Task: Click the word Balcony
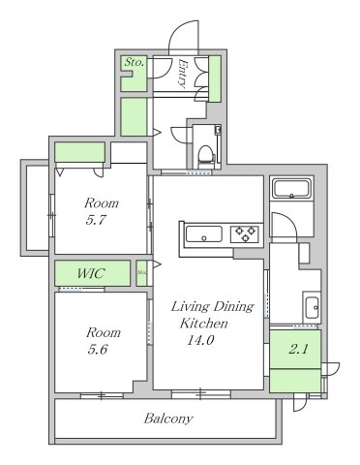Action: [169, 419]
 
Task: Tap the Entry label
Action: [182, 75]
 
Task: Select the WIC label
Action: [90, 272]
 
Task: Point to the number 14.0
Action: [200, 340]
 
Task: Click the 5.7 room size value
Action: [96, 221]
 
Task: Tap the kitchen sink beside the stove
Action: [204, 233]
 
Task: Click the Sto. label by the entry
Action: [134, 63]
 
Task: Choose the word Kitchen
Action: [203, 324]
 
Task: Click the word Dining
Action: [233, 307]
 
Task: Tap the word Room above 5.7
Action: [101, 203]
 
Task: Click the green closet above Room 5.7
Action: [79, 152]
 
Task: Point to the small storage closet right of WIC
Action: [141, 272]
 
